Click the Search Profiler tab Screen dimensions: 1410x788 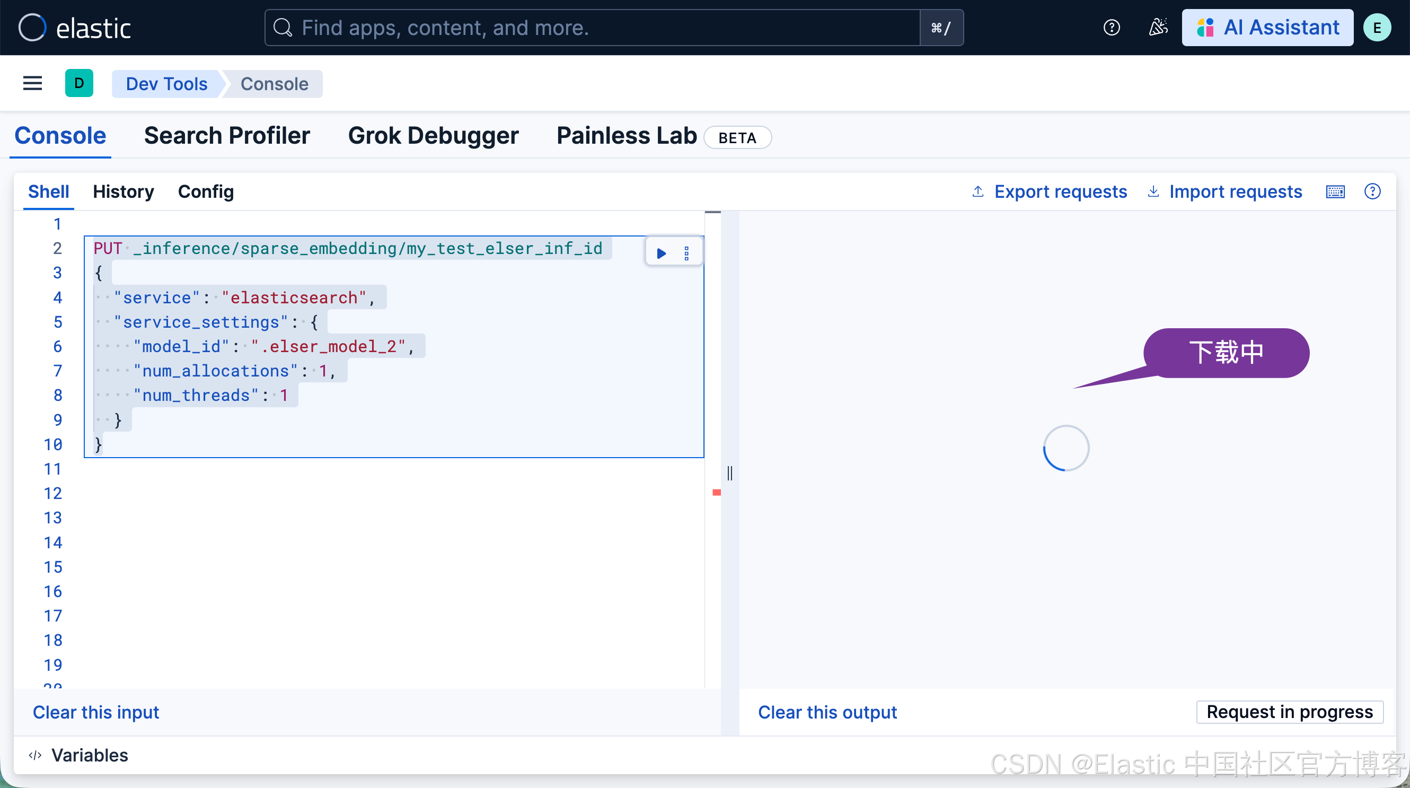coord(227,136)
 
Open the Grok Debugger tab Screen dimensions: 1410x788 coord(433,136)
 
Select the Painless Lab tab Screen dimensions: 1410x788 coord(626,136)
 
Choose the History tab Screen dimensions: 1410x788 coord(123,191)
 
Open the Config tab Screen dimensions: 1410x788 coord(205,191)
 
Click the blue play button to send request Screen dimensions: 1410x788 coord(661,253)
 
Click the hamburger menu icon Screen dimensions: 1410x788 coord(32,83)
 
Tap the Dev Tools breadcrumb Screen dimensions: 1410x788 coord(166,84)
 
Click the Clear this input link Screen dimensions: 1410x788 coord(96,712)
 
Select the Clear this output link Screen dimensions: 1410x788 coord(827,712)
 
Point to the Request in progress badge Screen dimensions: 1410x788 coord(1289,711)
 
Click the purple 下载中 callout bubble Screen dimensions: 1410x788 coord(1226,352)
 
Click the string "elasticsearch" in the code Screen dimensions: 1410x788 coord(294,297)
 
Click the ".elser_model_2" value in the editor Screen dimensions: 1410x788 coord(329,346)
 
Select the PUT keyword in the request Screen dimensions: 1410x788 coord(107,248)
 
